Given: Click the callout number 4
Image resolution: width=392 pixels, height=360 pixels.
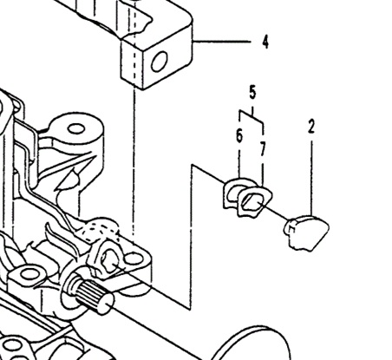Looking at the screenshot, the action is pos(265,42).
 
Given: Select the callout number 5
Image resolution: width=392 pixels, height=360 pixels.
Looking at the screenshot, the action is pos(252,93).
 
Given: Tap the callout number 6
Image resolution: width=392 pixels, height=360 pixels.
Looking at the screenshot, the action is pos(239,135).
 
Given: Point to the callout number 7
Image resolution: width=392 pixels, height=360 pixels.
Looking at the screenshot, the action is pos(262,149).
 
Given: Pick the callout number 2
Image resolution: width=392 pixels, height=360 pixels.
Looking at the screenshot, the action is pos(311,127).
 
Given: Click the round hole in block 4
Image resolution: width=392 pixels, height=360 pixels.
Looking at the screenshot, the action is pos(160,62).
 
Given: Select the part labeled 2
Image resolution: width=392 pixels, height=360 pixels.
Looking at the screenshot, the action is pos(307,232).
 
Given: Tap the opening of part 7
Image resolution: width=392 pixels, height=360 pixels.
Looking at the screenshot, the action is pos(252,201).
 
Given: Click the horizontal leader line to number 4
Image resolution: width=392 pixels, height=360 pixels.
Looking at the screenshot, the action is pos(222,42).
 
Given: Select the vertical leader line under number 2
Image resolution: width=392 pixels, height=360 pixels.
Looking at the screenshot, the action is pos(311,178).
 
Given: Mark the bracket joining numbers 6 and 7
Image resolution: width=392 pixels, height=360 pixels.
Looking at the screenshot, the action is pos(251,116).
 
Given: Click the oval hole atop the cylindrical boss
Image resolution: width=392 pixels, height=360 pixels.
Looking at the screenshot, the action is pos(76,129).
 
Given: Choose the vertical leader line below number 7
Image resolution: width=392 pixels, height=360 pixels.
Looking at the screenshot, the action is pos(263,172).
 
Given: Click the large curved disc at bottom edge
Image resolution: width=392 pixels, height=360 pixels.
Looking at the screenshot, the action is pos(252,340).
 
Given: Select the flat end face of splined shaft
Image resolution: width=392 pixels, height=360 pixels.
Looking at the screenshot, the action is pos(106,304).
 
